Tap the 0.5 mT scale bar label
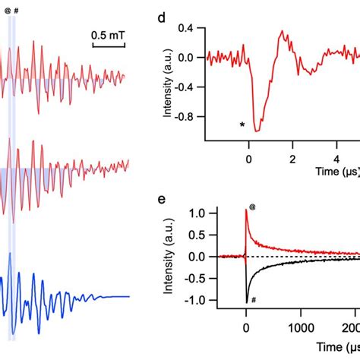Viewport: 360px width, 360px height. click(109, 35)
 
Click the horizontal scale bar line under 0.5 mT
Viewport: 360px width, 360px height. click(109, 46)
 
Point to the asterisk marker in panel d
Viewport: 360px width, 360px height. click(242, 125)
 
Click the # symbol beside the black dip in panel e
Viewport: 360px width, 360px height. click(254, 301)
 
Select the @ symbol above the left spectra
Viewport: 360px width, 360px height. click(8, 12)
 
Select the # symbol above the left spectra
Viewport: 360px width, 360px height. click(17, 12)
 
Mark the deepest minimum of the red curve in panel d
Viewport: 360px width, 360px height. click(257, 131)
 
